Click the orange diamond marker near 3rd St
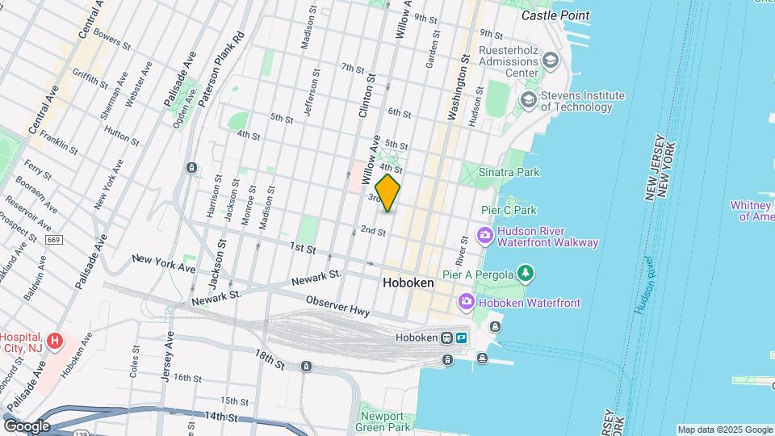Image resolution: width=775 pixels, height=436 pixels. tap(387, 193)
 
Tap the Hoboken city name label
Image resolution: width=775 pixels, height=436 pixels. tap(408, 283)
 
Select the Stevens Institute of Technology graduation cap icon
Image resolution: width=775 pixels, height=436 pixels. tap(529, 100)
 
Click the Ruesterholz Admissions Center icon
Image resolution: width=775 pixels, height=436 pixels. tap(551, 60)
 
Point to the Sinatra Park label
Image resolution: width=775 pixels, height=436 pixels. tap(509, 172)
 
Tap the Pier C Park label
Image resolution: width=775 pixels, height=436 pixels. tap(509, 210)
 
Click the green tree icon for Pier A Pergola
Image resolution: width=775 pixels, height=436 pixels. tap(526, 274)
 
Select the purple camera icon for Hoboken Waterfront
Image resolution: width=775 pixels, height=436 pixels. tap(466, 302)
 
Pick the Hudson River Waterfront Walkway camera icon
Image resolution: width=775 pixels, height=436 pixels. tap(485, 236)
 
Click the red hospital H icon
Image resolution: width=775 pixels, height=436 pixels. tap(55, 341)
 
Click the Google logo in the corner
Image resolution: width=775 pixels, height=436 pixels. tap(26, 426)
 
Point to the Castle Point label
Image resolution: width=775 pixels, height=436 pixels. tap(555, 15)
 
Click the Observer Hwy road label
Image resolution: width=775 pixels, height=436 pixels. tap(337, 305)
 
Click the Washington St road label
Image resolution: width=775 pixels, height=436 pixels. tap(458, 87)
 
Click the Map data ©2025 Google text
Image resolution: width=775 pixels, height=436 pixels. tap(724, 430)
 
